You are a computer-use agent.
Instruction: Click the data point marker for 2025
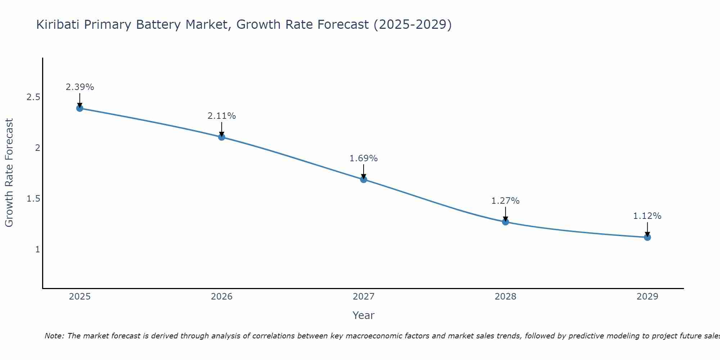click(80, 108)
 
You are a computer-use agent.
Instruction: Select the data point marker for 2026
click(222, 137)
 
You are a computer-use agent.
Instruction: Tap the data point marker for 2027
click(364, 179)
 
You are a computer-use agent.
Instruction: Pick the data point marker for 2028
click(505, 222)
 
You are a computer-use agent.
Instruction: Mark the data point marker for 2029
click(647, 237)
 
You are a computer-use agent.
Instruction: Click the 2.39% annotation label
click(80, 87)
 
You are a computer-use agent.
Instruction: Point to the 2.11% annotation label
click(222, 116)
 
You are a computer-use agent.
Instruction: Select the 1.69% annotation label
click(364, 158)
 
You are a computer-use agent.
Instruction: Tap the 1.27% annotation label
click(505, 201)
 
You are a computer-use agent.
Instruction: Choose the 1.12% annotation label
click(647, 216)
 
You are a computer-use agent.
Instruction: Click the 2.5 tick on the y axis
click(33, 97)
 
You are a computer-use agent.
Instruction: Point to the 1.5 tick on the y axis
click(33, 199)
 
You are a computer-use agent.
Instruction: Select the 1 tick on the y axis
click(37, 249)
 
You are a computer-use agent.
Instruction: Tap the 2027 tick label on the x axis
click(364, 297)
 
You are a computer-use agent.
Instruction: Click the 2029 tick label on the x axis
click(647, 297)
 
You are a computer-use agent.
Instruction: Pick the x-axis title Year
click(364, 315)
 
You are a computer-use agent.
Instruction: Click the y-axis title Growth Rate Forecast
click(9, 173)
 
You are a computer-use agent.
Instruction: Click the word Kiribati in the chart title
click(58, 25)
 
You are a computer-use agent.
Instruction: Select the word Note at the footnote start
click(54, 336)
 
